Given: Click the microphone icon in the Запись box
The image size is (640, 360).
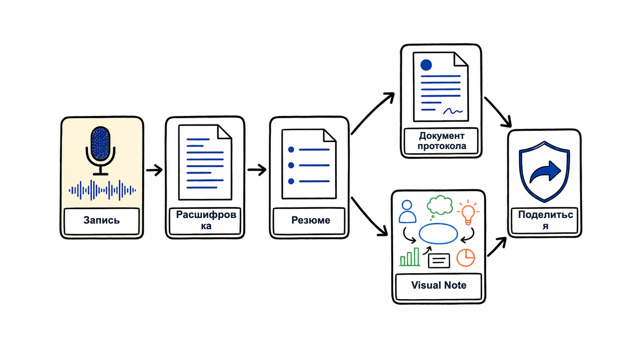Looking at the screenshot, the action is pyautogui.click(x=100, y=150).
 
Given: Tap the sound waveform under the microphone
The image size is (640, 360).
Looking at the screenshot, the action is pyautogui.click(x=102, y=190).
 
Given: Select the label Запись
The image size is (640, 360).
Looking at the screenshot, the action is pyautogui.click(x=102, y=220).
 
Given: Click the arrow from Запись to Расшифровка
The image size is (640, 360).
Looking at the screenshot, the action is pyautogui.click(x=154, y=170).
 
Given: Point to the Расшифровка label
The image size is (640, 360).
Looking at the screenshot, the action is pyautogui.click(x=206, y=220).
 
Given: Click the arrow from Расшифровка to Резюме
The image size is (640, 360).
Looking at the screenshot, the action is pyautogui.click(x=257, y=170).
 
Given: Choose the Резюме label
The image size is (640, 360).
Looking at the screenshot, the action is pyautogui.click(x=310, y=220).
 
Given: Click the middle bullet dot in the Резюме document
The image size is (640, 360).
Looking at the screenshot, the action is pyautogui.click(x=291, y=165).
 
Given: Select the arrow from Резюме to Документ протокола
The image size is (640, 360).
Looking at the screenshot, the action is pyautogui.click(x=372, y=113).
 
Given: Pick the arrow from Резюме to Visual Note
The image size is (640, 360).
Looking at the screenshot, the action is pyautogui.click(x=369, y=216).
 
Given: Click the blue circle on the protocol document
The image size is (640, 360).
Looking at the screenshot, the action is pyautogui.click(x=426, y=65).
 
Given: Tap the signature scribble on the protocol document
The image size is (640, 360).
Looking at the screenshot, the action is pyautogui.click(x=452, y=111).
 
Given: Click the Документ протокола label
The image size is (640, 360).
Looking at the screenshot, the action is pyautogui.click(x=442, y=141).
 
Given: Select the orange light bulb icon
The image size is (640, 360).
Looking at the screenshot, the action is pyautogui.click(x=468, y=212).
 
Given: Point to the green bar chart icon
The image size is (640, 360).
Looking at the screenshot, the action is pyautogui.click(x=410, y=257).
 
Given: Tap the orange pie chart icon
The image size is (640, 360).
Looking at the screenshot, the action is pyautogui.click(x=466, y=258).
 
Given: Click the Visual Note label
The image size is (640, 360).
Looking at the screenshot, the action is pyautogui.click(x=438, y=285).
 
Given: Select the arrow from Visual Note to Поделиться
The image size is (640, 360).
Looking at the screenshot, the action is pyautogui.click(x=497, y=246).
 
